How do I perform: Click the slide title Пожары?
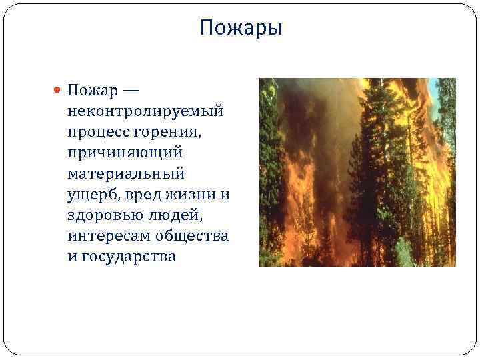(x=241, y=29)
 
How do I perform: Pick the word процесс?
(x=97, y=131)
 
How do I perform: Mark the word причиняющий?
(x=125, y=152)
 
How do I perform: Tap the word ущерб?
(x=90, y=194)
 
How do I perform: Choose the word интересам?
(x=108, y=235)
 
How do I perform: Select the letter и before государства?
(x=72, y=256)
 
